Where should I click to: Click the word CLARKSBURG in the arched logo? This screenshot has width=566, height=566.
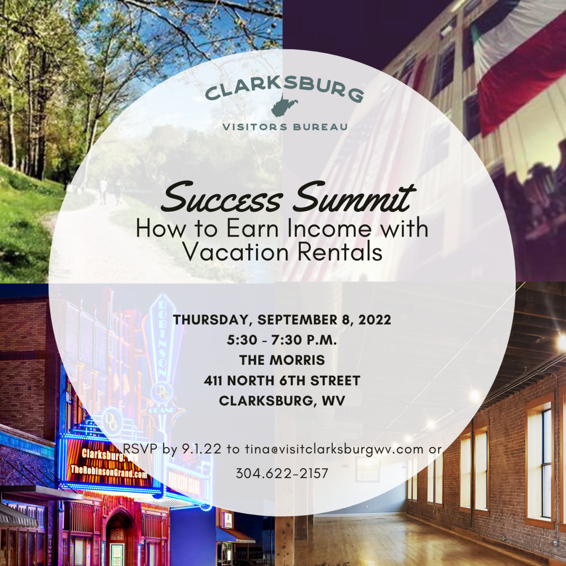pyautogui.click(x=284, y=90)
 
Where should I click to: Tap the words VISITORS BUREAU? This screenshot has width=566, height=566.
pyautogui.click(x=285, y=127)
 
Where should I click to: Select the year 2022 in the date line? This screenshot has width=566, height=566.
pyautogui.click(x=375, y=319)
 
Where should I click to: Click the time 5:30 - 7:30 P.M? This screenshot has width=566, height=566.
pyautogui.click(x=282, y=340)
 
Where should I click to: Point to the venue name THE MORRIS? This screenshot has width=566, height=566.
pyautogui.click(x=282, y=360)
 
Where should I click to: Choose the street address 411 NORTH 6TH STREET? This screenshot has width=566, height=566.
pyautogui.click(x=282, y=381)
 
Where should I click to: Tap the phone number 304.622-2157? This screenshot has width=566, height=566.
pyautogui.click(x=282, y=473)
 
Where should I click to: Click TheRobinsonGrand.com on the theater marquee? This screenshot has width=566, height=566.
pyautogui.click(x=109, y=472)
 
